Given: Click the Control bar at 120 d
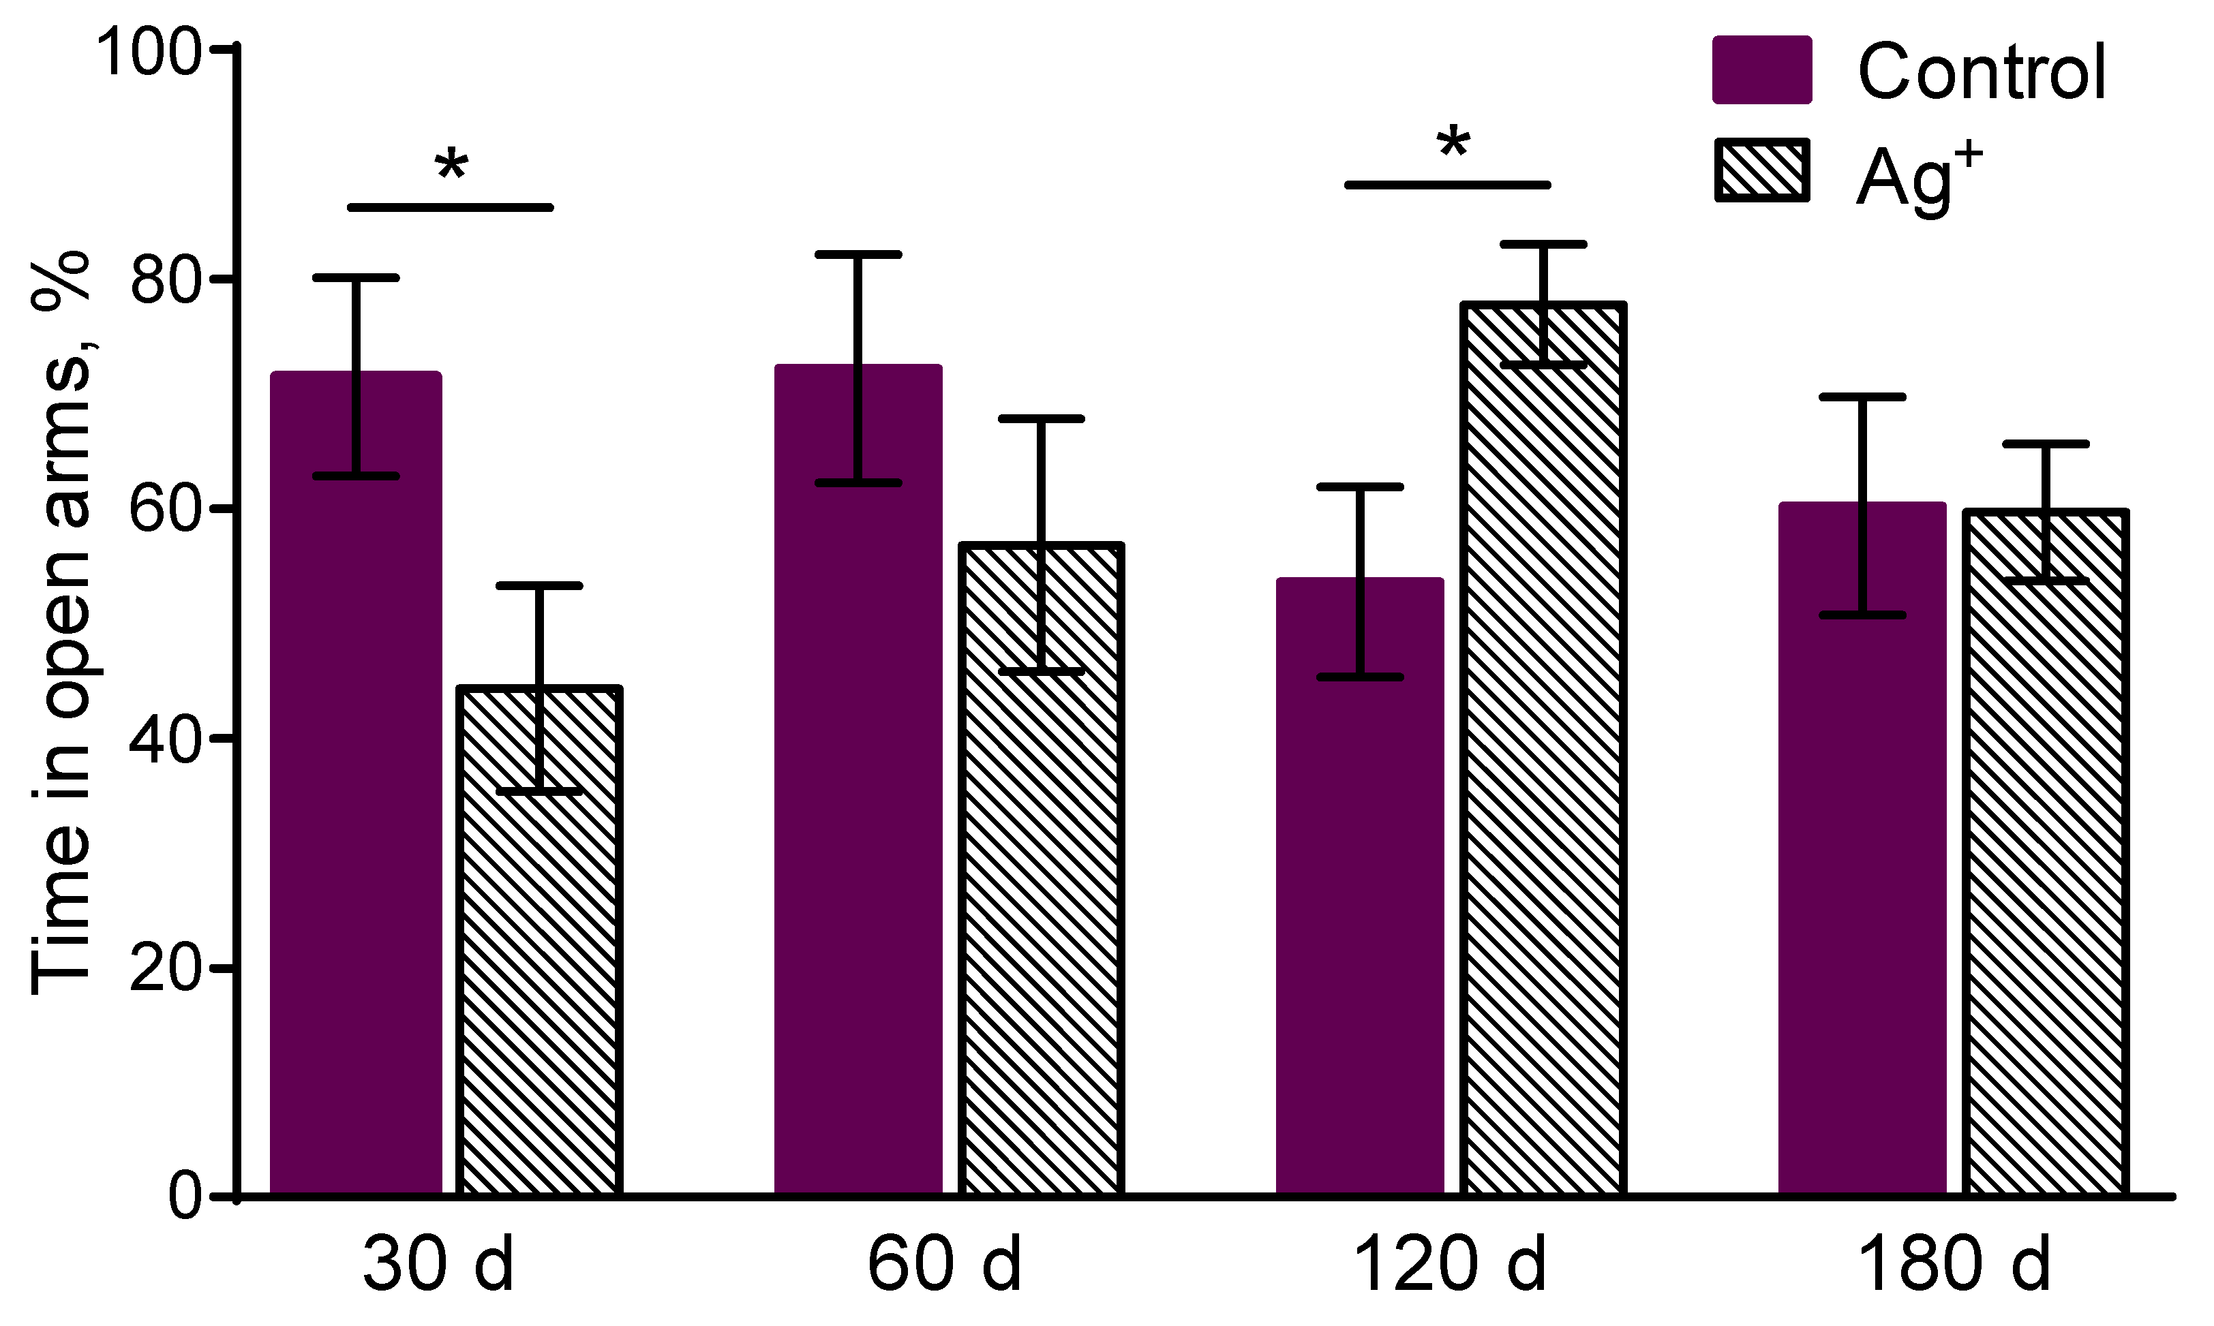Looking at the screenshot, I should coord(1359,893).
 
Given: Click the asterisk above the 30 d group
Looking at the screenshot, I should coord(451,166).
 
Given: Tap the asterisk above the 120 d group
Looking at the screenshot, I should coord(1453,143).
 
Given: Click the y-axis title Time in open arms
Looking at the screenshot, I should coord(61,626).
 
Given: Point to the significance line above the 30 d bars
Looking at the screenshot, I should coord(451,207).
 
